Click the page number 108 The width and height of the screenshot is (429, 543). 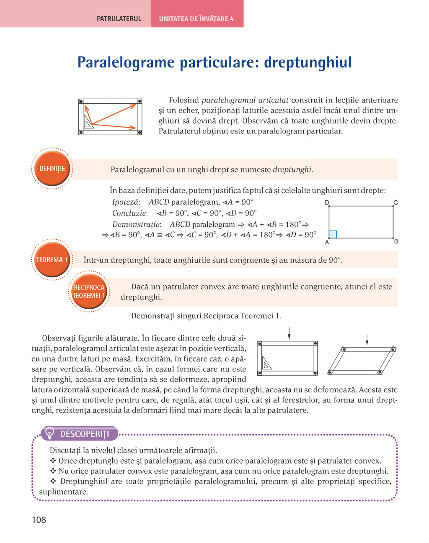click(39, 520)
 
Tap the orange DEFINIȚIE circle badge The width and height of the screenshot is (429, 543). click(52, 169)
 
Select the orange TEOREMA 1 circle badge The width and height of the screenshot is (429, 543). click(52, 260)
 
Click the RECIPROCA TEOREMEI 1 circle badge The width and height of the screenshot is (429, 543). click(89, 292)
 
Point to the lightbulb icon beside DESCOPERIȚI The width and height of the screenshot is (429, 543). click(50, 433)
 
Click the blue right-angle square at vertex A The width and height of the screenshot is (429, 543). click(333, 234)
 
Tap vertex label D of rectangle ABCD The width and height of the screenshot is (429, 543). click(327, 203)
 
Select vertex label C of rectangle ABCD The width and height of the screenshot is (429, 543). click(395, 203)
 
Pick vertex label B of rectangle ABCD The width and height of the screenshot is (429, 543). click(396, 241)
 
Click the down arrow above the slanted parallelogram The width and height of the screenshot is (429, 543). click(367, 339)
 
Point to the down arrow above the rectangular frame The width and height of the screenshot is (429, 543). click(289, 333)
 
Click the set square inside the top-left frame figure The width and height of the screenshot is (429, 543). click(88, 122)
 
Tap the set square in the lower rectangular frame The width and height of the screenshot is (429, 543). click(266, 363)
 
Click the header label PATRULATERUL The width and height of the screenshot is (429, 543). click(119, 19)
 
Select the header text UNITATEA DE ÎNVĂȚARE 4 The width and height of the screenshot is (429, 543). click(196, 19)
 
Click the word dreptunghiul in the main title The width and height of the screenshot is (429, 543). click(308, 62)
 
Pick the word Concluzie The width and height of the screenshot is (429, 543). click(129, 213)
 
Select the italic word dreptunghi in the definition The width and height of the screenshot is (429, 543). click(292, 169)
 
